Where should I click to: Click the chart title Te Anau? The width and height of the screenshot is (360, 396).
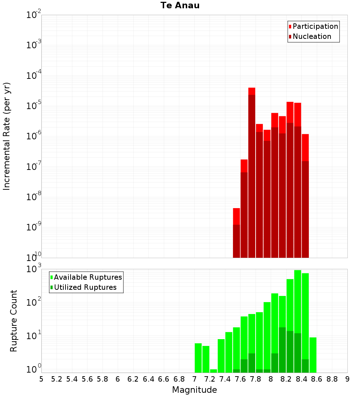[180, 5]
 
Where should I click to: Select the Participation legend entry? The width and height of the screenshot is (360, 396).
[313, 26]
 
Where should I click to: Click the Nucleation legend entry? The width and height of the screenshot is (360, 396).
[310, 36]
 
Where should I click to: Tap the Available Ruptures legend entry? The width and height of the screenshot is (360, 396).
[86, 277]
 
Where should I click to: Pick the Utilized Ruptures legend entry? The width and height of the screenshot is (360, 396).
[84, 287]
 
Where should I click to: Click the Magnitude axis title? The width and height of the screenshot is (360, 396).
[194, 390]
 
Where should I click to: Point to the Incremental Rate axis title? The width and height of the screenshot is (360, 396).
[6, 136]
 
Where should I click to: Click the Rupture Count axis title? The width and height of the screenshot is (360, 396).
[13, 321]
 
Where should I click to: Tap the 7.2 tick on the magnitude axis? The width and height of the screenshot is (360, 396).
[210, 379]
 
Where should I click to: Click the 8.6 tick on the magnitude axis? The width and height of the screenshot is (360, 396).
[316, 379]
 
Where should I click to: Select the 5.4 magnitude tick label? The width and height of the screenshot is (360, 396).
[72, 379]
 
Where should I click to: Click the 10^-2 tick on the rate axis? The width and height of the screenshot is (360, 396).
[33, 14]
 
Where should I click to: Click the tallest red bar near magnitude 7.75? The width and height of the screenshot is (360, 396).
[252, 173]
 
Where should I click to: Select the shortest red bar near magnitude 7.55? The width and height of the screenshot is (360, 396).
[236, 233]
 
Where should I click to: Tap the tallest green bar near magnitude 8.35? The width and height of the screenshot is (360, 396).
[298, 321]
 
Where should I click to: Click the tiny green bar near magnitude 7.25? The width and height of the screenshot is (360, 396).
[213, 371]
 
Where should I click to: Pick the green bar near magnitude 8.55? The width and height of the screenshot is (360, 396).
[313, 355]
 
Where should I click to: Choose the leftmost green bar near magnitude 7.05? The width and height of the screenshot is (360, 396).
[198, 358]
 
